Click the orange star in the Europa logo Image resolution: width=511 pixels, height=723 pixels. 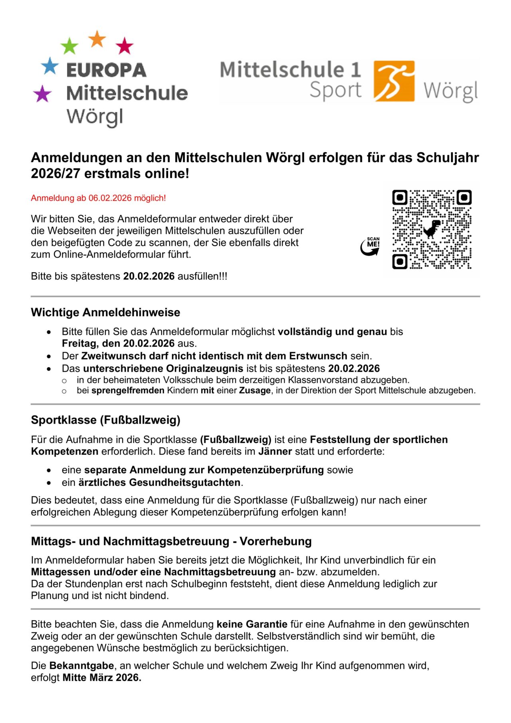tap(97, 39)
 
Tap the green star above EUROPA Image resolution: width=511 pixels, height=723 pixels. tap(69, 46)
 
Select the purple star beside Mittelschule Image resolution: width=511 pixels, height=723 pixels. tap(42, 94)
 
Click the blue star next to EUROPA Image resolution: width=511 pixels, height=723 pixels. tap(50, 66)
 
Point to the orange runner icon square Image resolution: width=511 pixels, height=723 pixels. tap(394, 81)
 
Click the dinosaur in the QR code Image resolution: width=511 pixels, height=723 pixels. tap(432, 229)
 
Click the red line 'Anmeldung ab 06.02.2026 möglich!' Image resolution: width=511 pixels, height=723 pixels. tap(98, 198)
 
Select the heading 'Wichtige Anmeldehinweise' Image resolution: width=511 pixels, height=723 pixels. tap(105, 312)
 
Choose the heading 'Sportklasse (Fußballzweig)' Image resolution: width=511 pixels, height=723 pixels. tap(105, 420)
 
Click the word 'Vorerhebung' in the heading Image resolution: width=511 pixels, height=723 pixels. tap(275, 541)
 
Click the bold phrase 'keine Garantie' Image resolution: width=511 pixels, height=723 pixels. tap(252, 624)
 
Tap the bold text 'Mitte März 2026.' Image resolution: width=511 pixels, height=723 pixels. tap(102, 677)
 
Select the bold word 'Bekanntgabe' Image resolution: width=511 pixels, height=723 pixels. tap(82, 666)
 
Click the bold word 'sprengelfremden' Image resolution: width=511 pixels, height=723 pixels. tap(128, 390)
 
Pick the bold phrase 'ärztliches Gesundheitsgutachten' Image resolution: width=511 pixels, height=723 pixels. tap(159, 482)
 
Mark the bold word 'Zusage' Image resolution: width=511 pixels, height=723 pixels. tap(255, 390)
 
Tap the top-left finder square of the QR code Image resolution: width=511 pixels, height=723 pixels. tap(400, 197)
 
